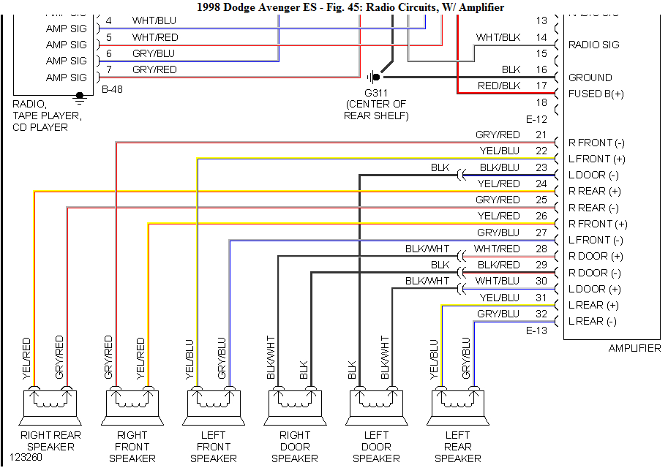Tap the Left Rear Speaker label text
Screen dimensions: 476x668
click(x=457, y=447)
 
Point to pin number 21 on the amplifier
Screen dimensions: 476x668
click(x=541, y=135)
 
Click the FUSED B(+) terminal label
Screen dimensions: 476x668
click(x=596, y=94)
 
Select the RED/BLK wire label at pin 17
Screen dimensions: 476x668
click(x=499, y=86)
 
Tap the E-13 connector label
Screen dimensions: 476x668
click(x=537, y=330)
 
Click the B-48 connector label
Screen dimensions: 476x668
click(x=111, y=90)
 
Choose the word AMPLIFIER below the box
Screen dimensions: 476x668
click(x=634, y=348)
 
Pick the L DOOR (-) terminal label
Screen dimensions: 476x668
click(x=593, y=175)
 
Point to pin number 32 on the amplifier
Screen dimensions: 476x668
click(x=541, y=313)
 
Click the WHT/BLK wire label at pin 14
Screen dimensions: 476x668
click(x=498, y=37)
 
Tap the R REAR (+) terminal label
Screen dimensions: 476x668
click(x=594, y=191)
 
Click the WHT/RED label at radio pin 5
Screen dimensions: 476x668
click(x=154, y=37)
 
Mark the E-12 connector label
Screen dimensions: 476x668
click(x=537, y=118)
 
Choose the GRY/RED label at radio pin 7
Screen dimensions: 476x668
click(x=154, y=69)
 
